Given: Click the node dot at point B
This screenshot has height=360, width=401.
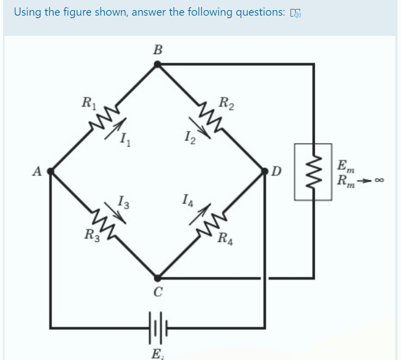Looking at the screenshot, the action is [157, 64].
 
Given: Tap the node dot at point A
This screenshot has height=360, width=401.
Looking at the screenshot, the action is [50, 171].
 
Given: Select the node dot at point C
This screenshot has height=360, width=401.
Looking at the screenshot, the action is [157, 278].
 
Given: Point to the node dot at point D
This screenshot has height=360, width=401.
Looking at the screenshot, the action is [264, 171].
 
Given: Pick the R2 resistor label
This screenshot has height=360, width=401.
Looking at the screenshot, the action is [226, 105].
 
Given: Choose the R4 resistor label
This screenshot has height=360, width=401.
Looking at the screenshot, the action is [225, 237].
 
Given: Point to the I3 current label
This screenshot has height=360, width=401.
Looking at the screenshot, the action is [123, 203].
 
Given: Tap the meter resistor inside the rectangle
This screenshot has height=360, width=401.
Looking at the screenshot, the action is [313, 171].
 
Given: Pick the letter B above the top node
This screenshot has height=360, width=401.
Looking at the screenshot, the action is [158, 50].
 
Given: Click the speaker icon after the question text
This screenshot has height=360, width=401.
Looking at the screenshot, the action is [296, 13].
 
